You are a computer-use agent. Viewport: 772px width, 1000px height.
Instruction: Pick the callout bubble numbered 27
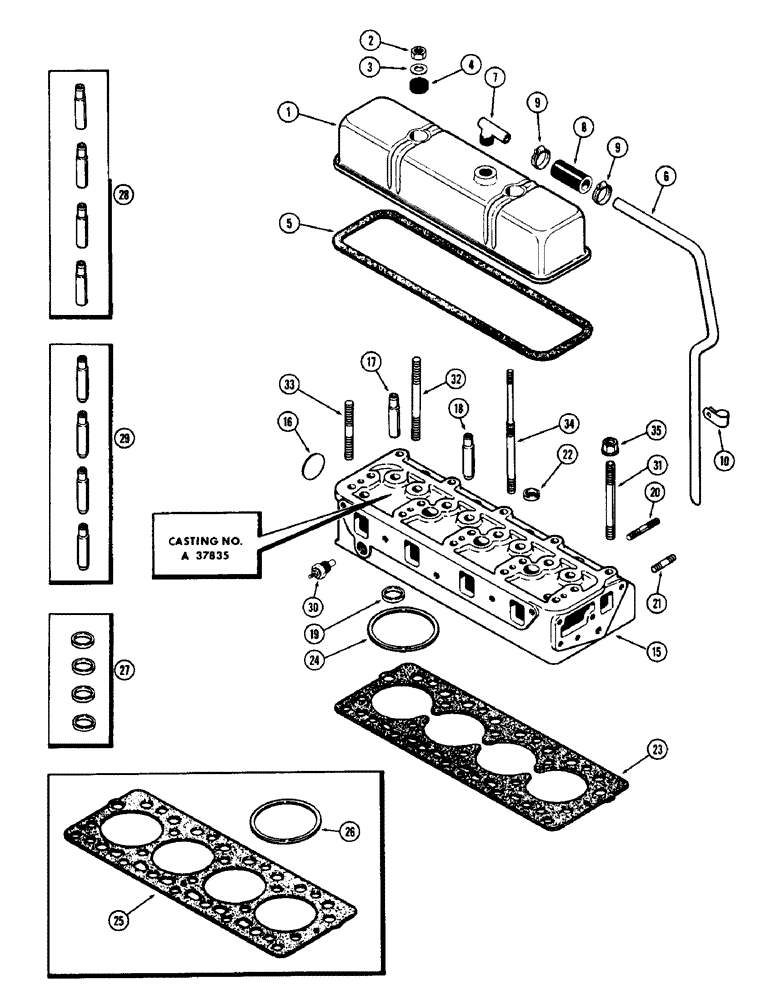pos(123,669)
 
